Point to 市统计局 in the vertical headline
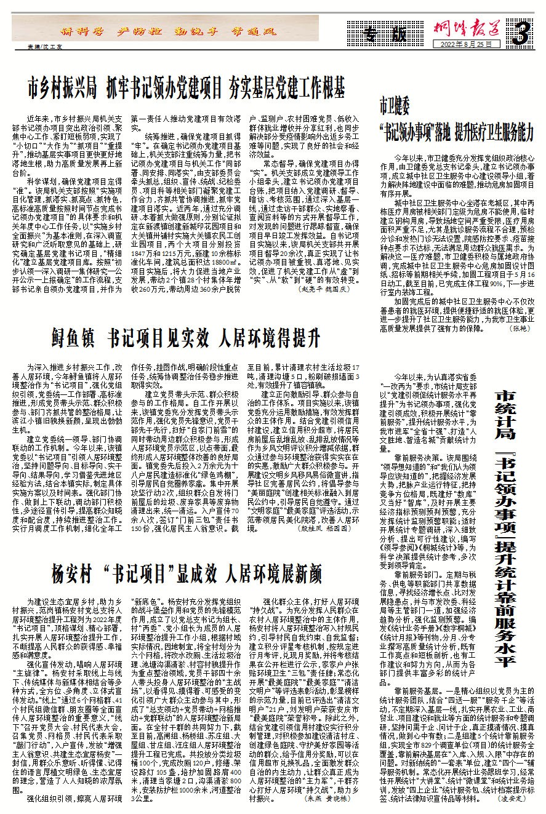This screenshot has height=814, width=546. [505, 418]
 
